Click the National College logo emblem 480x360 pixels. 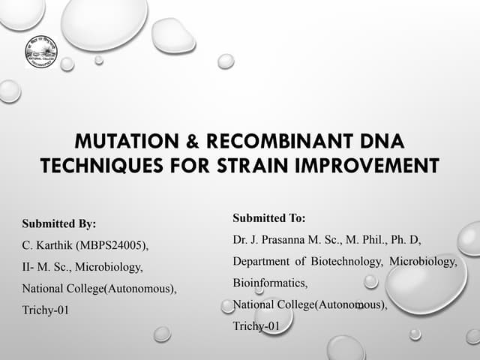(x=41, y=52)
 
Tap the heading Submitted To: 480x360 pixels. (x=269, y=218)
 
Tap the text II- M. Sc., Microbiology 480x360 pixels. (x=82, y=266)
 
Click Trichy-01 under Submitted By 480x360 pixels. (x=45, y=310)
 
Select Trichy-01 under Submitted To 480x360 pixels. (x=256, y=326)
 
